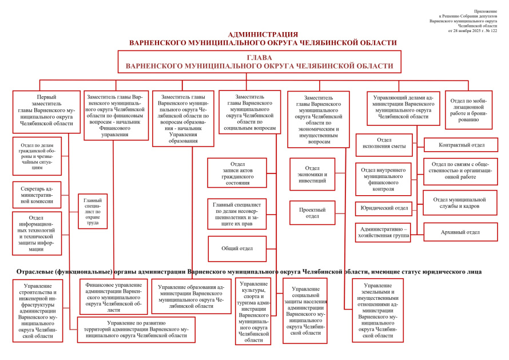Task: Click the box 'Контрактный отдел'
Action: tap(460, 145)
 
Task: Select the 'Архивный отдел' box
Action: tap(460, 232)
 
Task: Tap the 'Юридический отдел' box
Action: tap(383, 208)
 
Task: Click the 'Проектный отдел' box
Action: tap(312, 213)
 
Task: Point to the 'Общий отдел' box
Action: tap(237, 248)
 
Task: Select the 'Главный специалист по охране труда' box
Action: tap(92, 212)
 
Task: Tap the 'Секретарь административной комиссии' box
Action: tap(37, 195)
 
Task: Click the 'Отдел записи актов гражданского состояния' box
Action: tap(237, 173)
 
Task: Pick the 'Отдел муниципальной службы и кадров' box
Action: tap(460, 203)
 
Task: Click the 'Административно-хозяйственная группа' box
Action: tap(383, 232)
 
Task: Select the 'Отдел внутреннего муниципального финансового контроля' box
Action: tap(383, 179)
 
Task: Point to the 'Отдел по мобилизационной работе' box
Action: tap(468, 109)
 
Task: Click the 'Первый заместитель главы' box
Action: tap(46, 111)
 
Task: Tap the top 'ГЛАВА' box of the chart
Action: tap(259, 62)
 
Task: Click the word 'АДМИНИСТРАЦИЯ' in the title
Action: tap(263, 34)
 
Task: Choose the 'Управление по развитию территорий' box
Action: tap(136, 330)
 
